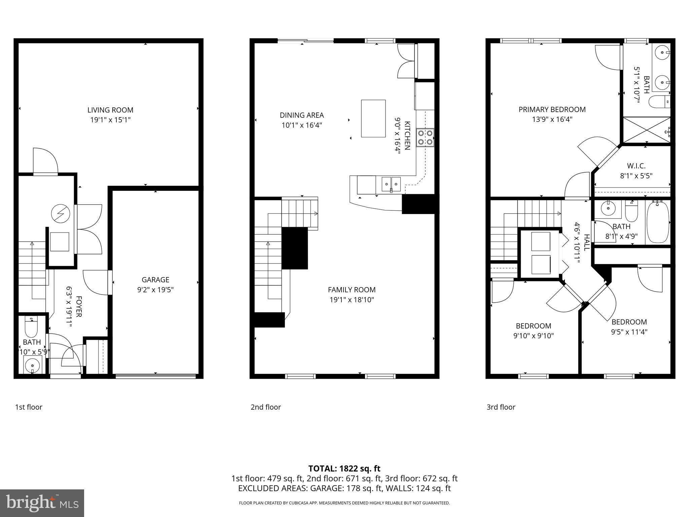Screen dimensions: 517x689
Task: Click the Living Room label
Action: [x=110, y=110]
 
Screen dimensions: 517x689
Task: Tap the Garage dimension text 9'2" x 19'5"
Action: [x=155, y=290]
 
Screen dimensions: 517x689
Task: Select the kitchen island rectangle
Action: [x=373, y=118]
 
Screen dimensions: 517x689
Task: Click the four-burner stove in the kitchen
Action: [x=425, y=138]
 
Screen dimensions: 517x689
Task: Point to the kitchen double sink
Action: [x=391, y=184]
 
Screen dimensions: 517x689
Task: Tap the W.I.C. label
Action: [x=636, y=166]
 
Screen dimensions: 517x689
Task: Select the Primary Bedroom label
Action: [x=552, y=109]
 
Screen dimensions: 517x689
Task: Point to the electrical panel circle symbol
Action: [x=61, y=213]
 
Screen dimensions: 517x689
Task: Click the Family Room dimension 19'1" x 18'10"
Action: [x=352, y=300]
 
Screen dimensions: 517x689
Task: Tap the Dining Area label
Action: [x=301, y=115]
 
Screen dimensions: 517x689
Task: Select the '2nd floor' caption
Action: [x=265, y=407]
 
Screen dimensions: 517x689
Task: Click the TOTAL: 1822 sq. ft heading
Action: [x=344, y=469]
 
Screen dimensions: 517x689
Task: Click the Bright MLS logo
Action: [x=42, y=503]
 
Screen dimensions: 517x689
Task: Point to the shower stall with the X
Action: [x=646, y=130]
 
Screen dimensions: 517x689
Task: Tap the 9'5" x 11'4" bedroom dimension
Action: [x=629, y=332]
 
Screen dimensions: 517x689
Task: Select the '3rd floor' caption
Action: [x=501, y=407]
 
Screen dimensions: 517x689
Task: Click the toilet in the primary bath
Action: [x=659, y=102]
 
